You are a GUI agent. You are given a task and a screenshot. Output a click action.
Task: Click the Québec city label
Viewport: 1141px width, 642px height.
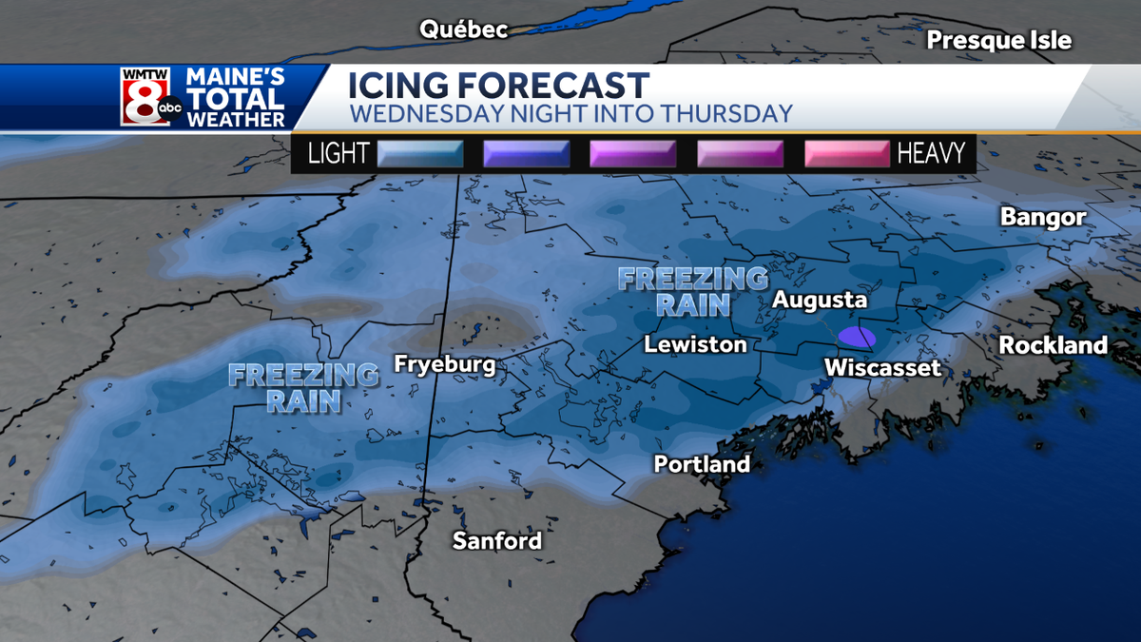point(464,29)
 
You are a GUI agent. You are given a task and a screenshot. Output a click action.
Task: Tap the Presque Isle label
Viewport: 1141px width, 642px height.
point(999,40)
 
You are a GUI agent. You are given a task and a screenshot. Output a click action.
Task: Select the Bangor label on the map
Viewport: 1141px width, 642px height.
point(1043,217)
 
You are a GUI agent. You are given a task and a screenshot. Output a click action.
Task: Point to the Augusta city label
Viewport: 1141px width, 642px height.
point(820,300)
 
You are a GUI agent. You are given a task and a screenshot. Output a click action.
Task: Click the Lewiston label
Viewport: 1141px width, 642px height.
point(695,344)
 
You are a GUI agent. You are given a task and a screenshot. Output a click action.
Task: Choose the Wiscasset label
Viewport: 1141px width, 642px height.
point(882,368)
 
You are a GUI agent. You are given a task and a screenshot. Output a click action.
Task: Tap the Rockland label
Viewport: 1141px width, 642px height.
point(1054,345)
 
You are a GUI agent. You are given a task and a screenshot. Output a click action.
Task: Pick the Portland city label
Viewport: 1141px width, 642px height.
point(702,465)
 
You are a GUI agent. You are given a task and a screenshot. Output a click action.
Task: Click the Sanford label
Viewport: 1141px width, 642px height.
point(496,541)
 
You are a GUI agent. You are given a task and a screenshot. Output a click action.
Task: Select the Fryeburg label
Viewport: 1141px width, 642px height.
point(445,365)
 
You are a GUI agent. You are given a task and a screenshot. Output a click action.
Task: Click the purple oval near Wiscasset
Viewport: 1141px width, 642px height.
point(857,338)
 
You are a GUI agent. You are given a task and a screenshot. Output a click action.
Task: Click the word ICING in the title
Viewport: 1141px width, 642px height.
point(398,86)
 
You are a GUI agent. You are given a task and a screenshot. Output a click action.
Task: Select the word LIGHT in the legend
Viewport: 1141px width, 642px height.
point(338,153)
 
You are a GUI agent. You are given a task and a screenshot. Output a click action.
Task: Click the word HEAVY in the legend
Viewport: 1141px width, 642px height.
point(931,153)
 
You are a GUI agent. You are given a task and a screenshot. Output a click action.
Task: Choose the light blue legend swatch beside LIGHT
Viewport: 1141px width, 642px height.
point(420,153)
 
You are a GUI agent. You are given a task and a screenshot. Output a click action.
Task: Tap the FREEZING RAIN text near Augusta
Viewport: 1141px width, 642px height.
point(693,291)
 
